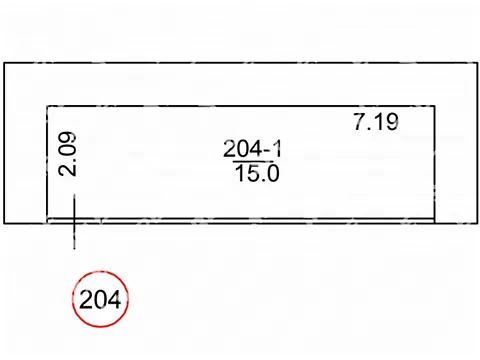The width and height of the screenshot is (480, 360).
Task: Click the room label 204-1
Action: [x=252, y=149]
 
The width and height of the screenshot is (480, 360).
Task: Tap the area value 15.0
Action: [x=257, y=173]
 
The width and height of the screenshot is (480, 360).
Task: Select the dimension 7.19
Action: [x=376, y=122]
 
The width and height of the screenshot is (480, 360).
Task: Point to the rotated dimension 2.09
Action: [x=67, y=154]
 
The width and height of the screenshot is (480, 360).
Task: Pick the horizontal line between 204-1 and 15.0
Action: [x=253, y=162]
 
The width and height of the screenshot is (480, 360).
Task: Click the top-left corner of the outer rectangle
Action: [x=4, y=63]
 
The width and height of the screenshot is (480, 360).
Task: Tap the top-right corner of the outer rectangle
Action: [x=478, y=63]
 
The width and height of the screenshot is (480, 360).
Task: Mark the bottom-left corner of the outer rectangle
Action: [x=4, y=223]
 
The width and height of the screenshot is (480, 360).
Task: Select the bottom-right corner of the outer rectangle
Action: [x=478, y=223]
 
